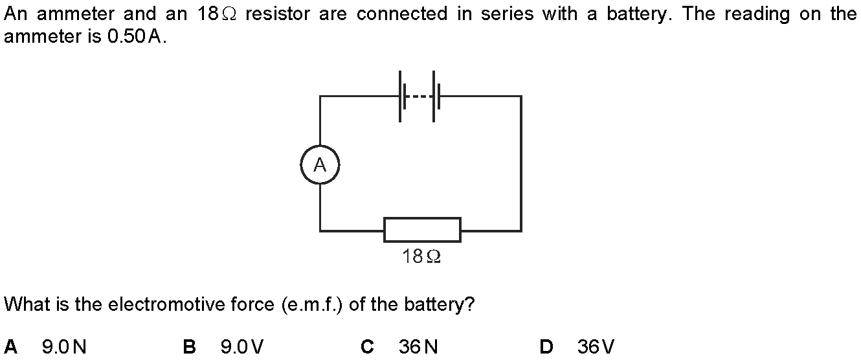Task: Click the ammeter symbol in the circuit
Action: [320, 165]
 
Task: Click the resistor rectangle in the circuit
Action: [422, 230]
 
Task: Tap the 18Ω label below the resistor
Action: [421, 257]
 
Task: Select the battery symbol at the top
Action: [419, 96]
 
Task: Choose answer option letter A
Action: [10, 347]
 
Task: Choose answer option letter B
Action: [190, 347]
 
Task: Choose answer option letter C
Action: [367, 347]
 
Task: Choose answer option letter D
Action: [546, 347]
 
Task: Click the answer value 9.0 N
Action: [64, 347]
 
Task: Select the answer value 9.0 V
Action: [242, 347]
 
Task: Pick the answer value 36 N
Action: [418, 347]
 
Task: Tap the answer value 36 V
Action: [596, 347]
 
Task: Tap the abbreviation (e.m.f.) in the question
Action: [313, 304]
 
